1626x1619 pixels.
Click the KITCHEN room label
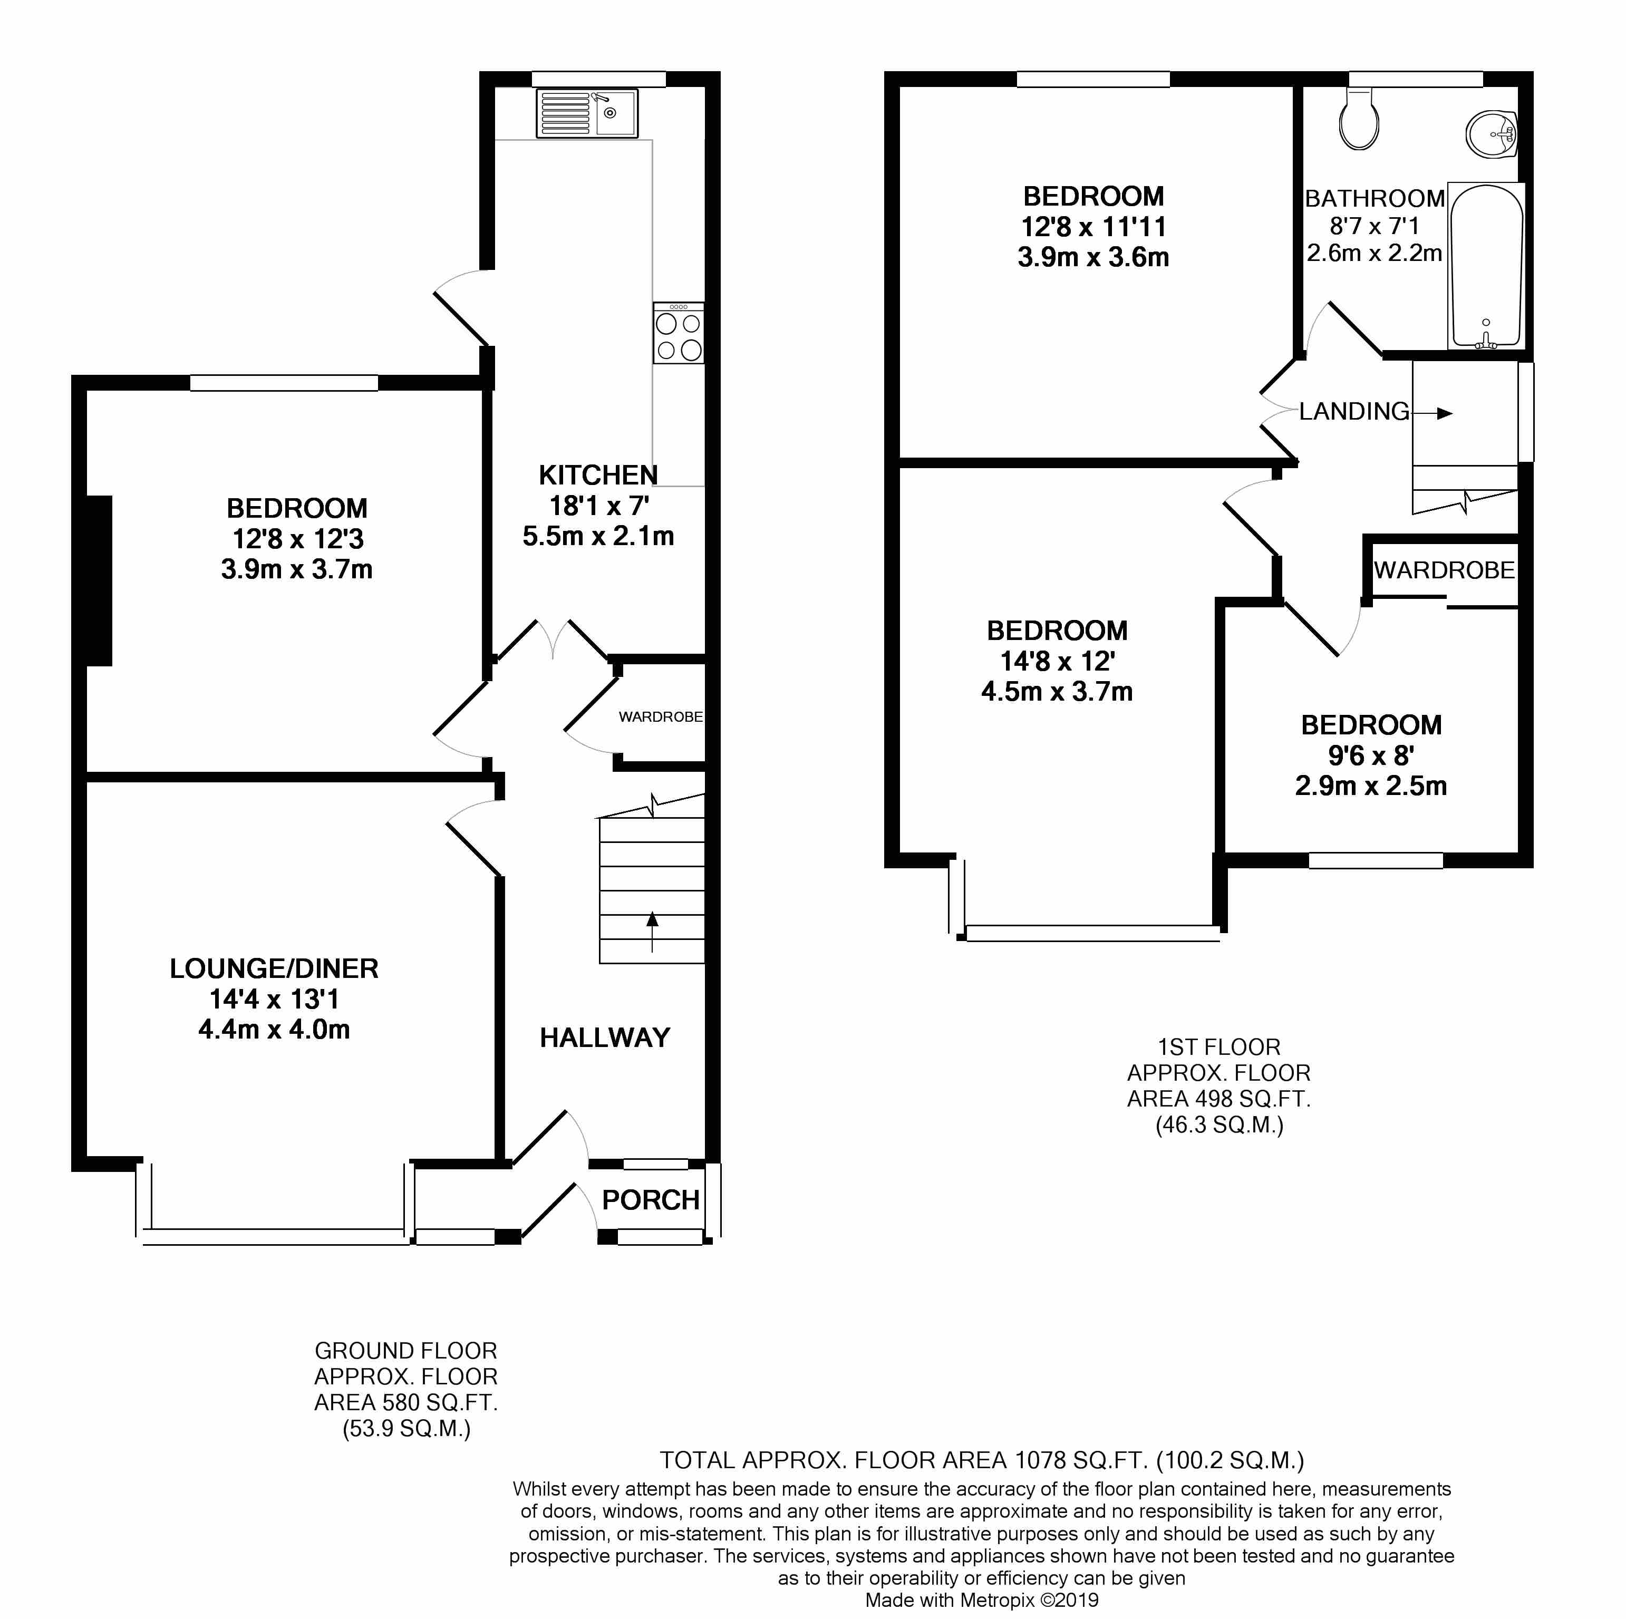(598, 476)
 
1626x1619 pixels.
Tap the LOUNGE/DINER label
(274, 968)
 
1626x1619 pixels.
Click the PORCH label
(651, 1200)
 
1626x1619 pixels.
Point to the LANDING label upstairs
(1354, 412)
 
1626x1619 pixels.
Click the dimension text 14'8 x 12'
(1057, 662)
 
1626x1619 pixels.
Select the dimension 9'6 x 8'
(1371, 755)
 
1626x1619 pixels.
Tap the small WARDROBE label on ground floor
(661, 717)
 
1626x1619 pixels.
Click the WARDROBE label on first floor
(1444, 570)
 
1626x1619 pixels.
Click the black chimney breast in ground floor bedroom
(99, 580)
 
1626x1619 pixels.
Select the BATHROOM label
(1375, 199)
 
